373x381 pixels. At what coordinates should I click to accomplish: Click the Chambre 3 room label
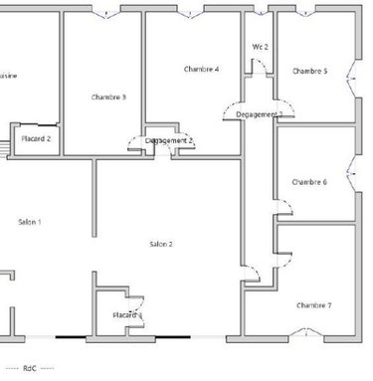pyautogui.click(x=108, y=96)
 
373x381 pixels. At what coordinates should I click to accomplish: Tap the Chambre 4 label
pyautogui.click(x=202, y=69)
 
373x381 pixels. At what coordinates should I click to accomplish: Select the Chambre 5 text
pyautogui.click(x=309, y=72)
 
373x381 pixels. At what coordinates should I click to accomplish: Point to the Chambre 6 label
pyautogui.click(x=310, y=182)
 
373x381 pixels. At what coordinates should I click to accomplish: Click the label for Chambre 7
pyautogui.click(x=314, y=303)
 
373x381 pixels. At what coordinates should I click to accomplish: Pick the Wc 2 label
pyautogui.click(x=261, y=47)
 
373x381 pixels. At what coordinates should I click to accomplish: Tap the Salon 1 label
pyautogui.click(x=30, y=221)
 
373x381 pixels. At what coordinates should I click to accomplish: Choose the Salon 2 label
pyautogui.click(x=161, y=244)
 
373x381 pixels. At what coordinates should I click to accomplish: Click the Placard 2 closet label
pyautogui.click(x=36, y=138)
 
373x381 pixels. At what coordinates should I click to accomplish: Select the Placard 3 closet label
pyautogui.click(x=127, y=315)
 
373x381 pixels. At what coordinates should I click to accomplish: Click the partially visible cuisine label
pyautogui.click(x=8, y=76)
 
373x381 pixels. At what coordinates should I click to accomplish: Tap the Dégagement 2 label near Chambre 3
pyautogui.click(x=169, y=141)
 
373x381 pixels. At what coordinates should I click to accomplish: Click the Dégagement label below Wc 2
pyautogui.click(x=259, y=115)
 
